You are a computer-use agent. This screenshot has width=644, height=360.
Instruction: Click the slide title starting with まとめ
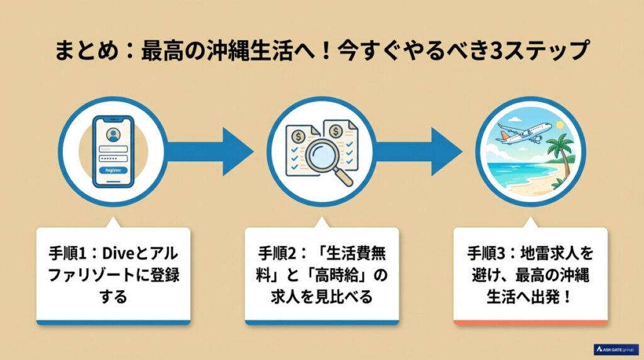tap(321, 51)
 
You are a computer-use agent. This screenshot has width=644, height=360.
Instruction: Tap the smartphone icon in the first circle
tap(113, 150)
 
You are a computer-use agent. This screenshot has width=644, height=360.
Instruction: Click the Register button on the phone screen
tap(113, 171)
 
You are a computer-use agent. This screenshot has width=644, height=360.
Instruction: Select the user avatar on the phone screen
tap(113, 133)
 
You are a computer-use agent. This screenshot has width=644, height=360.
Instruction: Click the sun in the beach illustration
tap(558, 126)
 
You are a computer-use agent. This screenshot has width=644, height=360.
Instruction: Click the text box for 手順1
tap(113, 275)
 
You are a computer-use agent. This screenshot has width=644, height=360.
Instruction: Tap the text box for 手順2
tap(321, 275)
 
